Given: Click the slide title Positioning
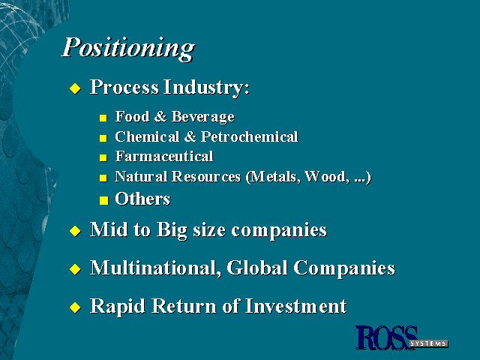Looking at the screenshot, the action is pyautogui.click(x=128, y=48).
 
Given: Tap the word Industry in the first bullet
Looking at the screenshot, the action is pyautogui.click(x=206, y=88).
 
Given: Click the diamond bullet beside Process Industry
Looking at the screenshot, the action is pyautogui.click(x=75, y=88).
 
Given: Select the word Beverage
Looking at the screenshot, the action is pyautogui.click(x=203, y=117).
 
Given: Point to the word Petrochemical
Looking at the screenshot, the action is pyautogui.click(x=249, y=136).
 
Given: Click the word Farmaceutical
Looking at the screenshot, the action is pyautogui.click(x=164, y=157).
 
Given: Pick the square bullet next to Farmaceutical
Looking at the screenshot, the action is pyautogui.click(x=103, y=157).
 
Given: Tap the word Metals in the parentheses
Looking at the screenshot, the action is pyautogui.click(x=273, y=177).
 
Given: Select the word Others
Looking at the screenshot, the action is pyautogui.click(x=142, y=199).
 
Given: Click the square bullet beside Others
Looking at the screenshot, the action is pyautogui.click(x=103, y=200).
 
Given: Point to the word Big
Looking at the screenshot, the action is pyautogui.click(x=172, y=230).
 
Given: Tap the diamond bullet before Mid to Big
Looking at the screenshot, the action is pyautogui.click(x=75, y=231).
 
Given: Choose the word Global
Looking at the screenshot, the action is pyautogui.click(x=257, y=268).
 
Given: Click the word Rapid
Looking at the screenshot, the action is pyautogui.click(x=118, y=307).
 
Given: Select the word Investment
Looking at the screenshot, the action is pyautogui.click(x=296, y=306).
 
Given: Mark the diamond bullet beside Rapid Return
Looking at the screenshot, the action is pyautogui.click(x=75, y=307).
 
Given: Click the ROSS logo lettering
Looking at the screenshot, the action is pyautogui.click(x=386, y=337).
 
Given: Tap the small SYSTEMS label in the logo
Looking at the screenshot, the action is pyautogui.click(x=428, y=343).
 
